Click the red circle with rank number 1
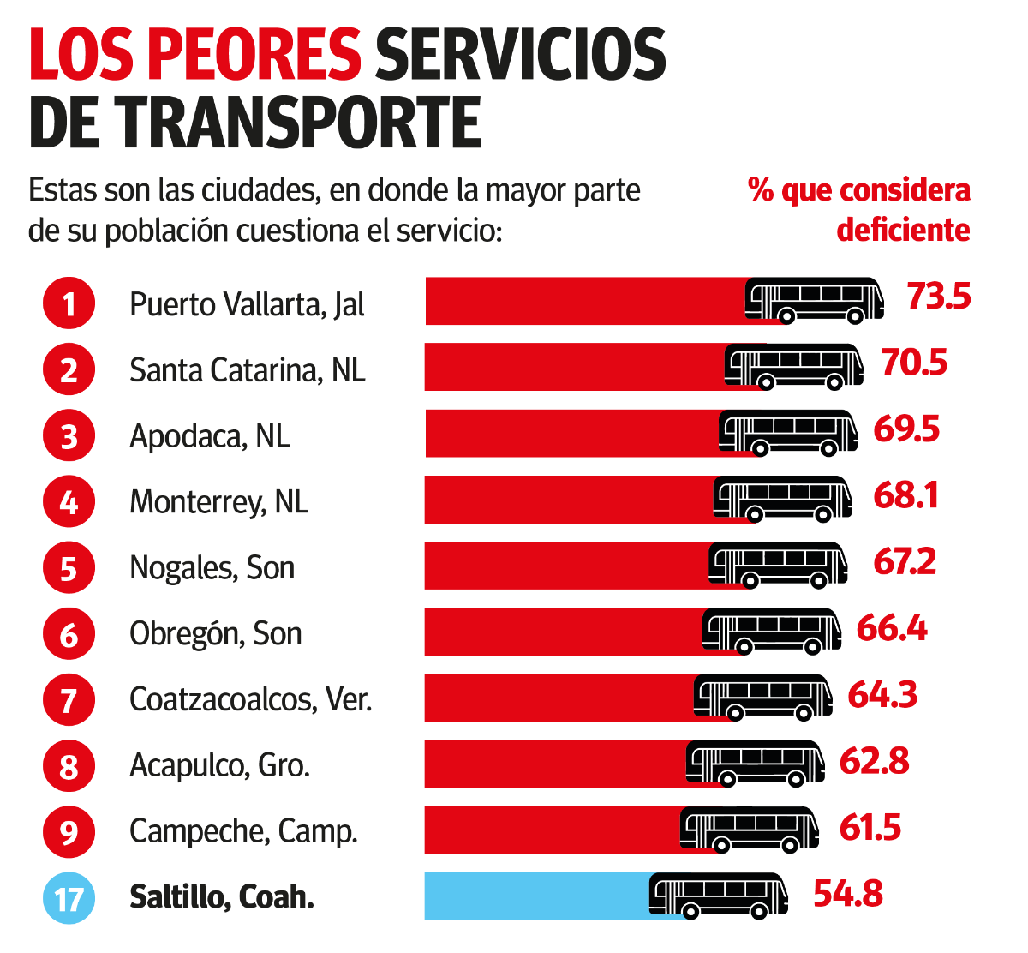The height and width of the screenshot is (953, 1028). (69, 304)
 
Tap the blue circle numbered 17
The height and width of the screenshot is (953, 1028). (69, 898)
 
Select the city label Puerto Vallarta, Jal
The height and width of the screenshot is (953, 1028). (247, 304)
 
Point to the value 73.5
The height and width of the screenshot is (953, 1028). (939, 297)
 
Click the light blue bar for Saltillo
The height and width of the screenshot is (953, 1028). (535, 896)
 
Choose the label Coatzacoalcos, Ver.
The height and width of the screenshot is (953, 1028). (250, 700)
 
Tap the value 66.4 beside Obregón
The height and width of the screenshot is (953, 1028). (892, 629)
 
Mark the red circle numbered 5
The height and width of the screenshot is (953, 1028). (69, 568)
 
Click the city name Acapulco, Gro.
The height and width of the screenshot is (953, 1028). (219, 765)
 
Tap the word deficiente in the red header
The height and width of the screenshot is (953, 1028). (903, 231)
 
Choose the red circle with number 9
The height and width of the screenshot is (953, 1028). (69, 832)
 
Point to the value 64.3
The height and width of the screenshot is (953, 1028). (882, 695)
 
